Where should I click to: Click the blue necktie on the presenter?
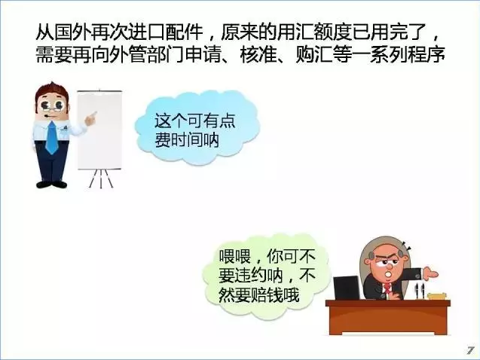[52, 138]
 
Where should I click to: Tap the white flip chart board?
[99, 130]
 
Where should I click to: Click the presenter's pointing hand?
[90, 118]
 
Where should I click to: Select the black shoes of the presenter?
[51, 185]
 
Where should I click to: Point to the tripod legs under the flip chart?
[101, 178]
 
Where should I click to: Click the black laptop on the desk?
[347, 288]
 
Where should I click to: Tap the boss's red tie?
[388, 288]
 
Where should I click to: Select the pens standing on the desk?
[419, 291]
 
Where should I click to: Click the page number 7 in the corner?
[470, 350]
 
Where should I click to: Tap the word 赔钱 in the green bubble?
[267, 294]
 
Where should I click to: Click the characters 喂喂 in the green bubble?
[235, 256]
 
